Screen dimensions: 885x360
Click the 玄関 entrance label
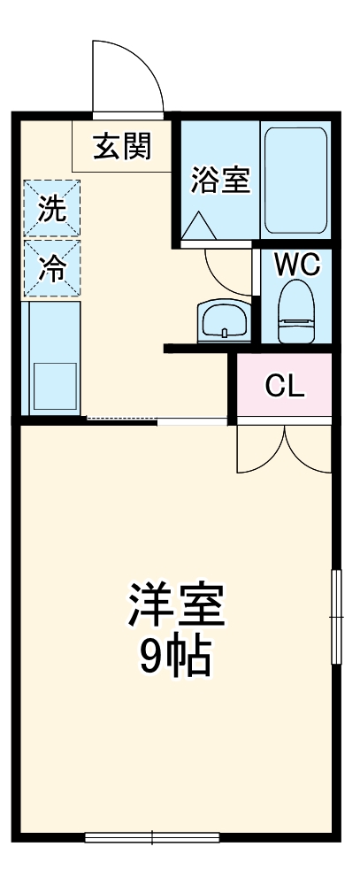pyautogui.click(x=122, y=145)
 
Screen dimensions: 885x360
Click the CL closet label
pyautogui.click(x=285, y=386)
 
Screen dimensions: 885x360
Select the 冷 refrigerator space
pyautogui.click(x=52, y=267)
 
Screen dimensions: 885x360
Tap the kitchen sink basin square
pyautogui.click(x=55, y=384)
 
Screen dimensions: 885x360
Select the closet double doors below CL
pyautogui.click(x=284, y=450)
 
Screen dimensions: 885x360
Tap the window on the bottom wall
pyautogui.click(x=152, y=835)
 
